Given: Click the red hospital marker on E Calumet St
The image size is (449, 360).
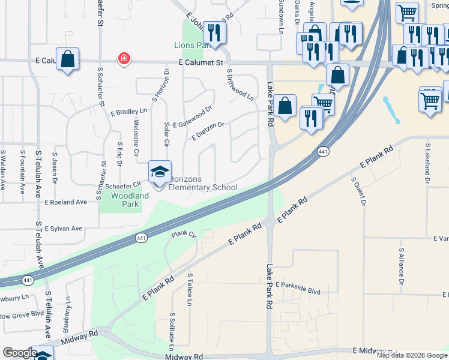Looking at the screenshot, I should [x=124, y=59].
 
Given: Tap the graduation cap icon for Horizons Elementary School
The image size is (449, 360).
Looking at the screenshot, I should [x=160, y=172].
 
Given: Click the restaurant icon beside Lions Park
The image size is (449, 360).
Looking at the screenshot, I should [x=213, y=32].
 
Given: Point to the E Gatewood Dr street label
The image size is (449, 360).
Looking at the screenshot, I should [x=193, y=117].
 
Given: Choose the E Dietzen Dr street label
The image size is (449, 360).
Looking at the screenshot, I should [x=208, y=131].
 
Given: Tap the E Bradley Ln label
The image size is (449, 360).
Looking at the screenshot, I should [x=129, y=112].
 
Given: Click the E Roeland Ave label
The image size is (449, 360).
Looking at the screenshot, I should [x=66, y=203].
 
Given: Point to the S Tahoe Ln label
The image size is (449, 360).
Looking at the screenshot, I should [x=190, y=290].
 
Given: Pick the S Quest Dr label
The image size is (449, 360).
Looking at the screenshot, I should [x=363, y=191].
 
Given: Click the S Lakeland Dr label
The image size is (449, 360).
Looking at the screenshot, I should [x=427, y=163].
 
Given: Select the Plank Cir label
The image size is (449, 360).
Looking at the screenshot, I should [x=184, y=234].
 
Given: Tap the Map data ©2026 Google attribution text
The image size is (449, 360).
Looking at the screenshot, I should [x=412, y=355].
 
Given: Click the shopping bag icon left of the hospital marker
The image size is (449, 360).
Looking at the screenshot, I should [x=68, y=59].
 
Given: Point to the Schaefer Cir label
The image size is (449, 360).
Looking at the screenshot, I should [x=123, y=185].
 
